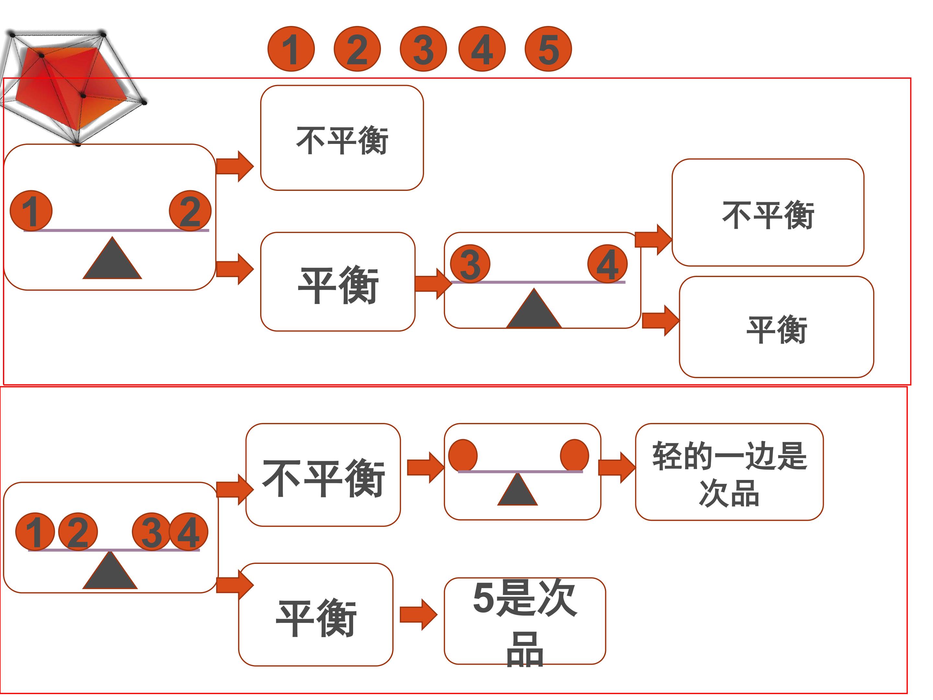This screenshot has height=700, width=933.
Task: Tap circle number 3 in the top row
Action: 423,49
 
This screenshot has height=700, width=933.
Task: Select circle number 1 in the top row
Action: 291,49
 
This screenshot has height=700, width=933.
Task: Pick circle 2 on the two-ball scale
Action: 190,211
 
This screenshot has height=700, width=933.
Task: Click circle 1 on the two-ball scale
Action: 31,211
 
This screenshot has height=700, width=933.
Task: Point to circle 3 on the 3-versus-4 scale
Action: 470,264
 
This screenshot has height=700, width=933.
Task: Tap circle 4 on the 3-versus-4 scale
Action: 607,264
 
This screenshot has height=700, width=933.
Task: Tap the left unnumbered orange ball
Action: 463,455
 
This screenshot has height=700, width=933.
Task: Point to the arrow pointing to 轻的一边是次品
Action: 617,467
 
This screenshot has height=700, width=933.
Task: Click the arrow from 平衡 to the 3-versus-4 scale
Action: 433,283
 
